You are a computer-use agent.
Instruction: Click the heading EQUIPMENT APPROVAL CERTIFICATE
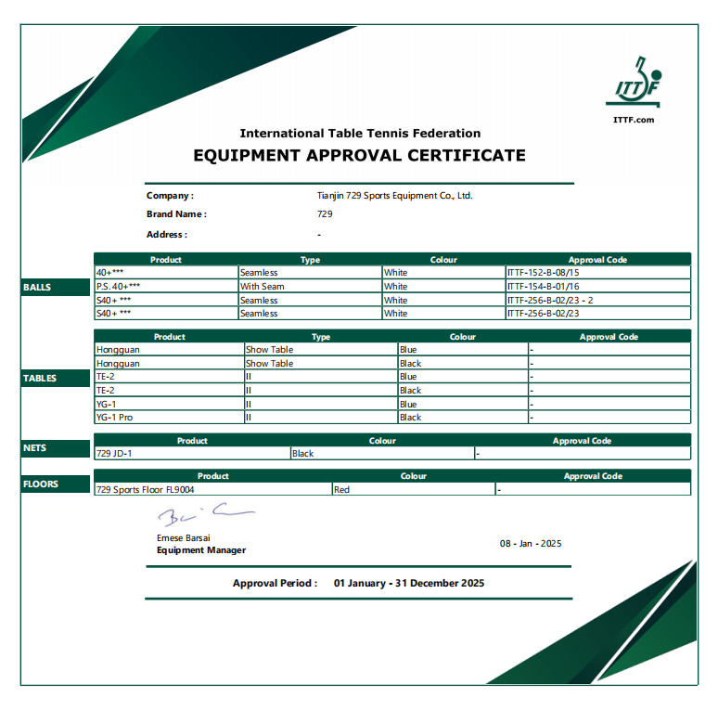(x=359, y=155)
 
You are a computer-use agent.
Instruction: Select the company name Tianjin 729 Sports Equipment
(x=394, y=196)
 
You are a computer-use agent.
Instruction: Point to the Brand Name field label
(x=176, y=214)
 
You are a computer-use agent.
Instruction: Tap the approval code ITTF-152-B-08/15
(x=543, y=273)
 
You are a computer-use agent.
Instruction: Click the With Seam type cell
(x=263, y=287)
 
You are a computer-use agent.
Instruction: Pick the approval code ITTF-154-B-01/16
(x=543, y=287)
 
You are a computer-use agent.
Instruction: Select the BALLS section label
(x=37, y=288)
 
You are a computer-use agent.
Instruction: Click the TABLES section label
(x=40, y=379)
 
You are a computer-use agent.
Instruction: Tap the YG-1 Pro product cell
(x=115, y=418)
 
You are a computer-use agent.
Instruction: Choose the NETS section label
(x=34, y=448)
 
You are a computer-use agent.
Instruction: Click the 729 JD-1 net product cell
(x=114, y=454)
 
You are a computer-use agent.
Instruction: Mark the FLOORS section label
(x=41, y=484)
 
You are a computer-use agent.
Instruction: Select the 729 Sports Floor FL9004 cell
(x=146, y=489)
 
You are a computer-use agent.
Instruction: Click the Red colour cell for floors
(x=341, y=489)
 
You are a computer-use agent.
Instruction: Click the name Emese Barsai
(x=184, y=538)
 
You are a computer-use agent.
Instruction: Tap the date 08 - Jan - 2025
(x=531, y=544)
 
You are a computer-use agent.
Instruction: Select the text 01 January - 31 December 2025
(x=409, y=584)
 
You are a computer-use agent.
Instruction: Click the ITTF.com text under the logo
(x=634, y=119)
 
